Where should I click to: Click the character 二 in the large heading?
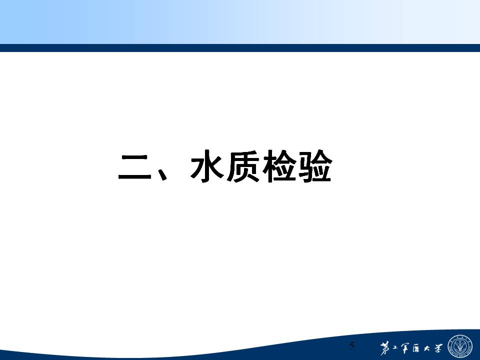(x=135, y=167)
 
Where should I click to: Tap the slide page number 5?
(x=352, y=346)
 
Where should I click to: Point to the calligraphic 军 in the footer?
(x=405, y=348)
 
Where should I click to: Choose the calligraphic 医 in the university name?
(x=416, y=348)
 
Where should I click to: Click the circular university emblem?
(x=460, y=347)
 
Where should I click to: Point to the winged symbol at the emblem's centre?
(x=460, y=347)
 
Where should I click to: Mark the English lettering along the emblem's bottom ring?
(x=460, y=356)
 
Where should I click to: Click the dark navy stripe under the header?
(x=240, y=48)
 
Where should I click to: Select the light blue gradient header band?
(x=240, y=22)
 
